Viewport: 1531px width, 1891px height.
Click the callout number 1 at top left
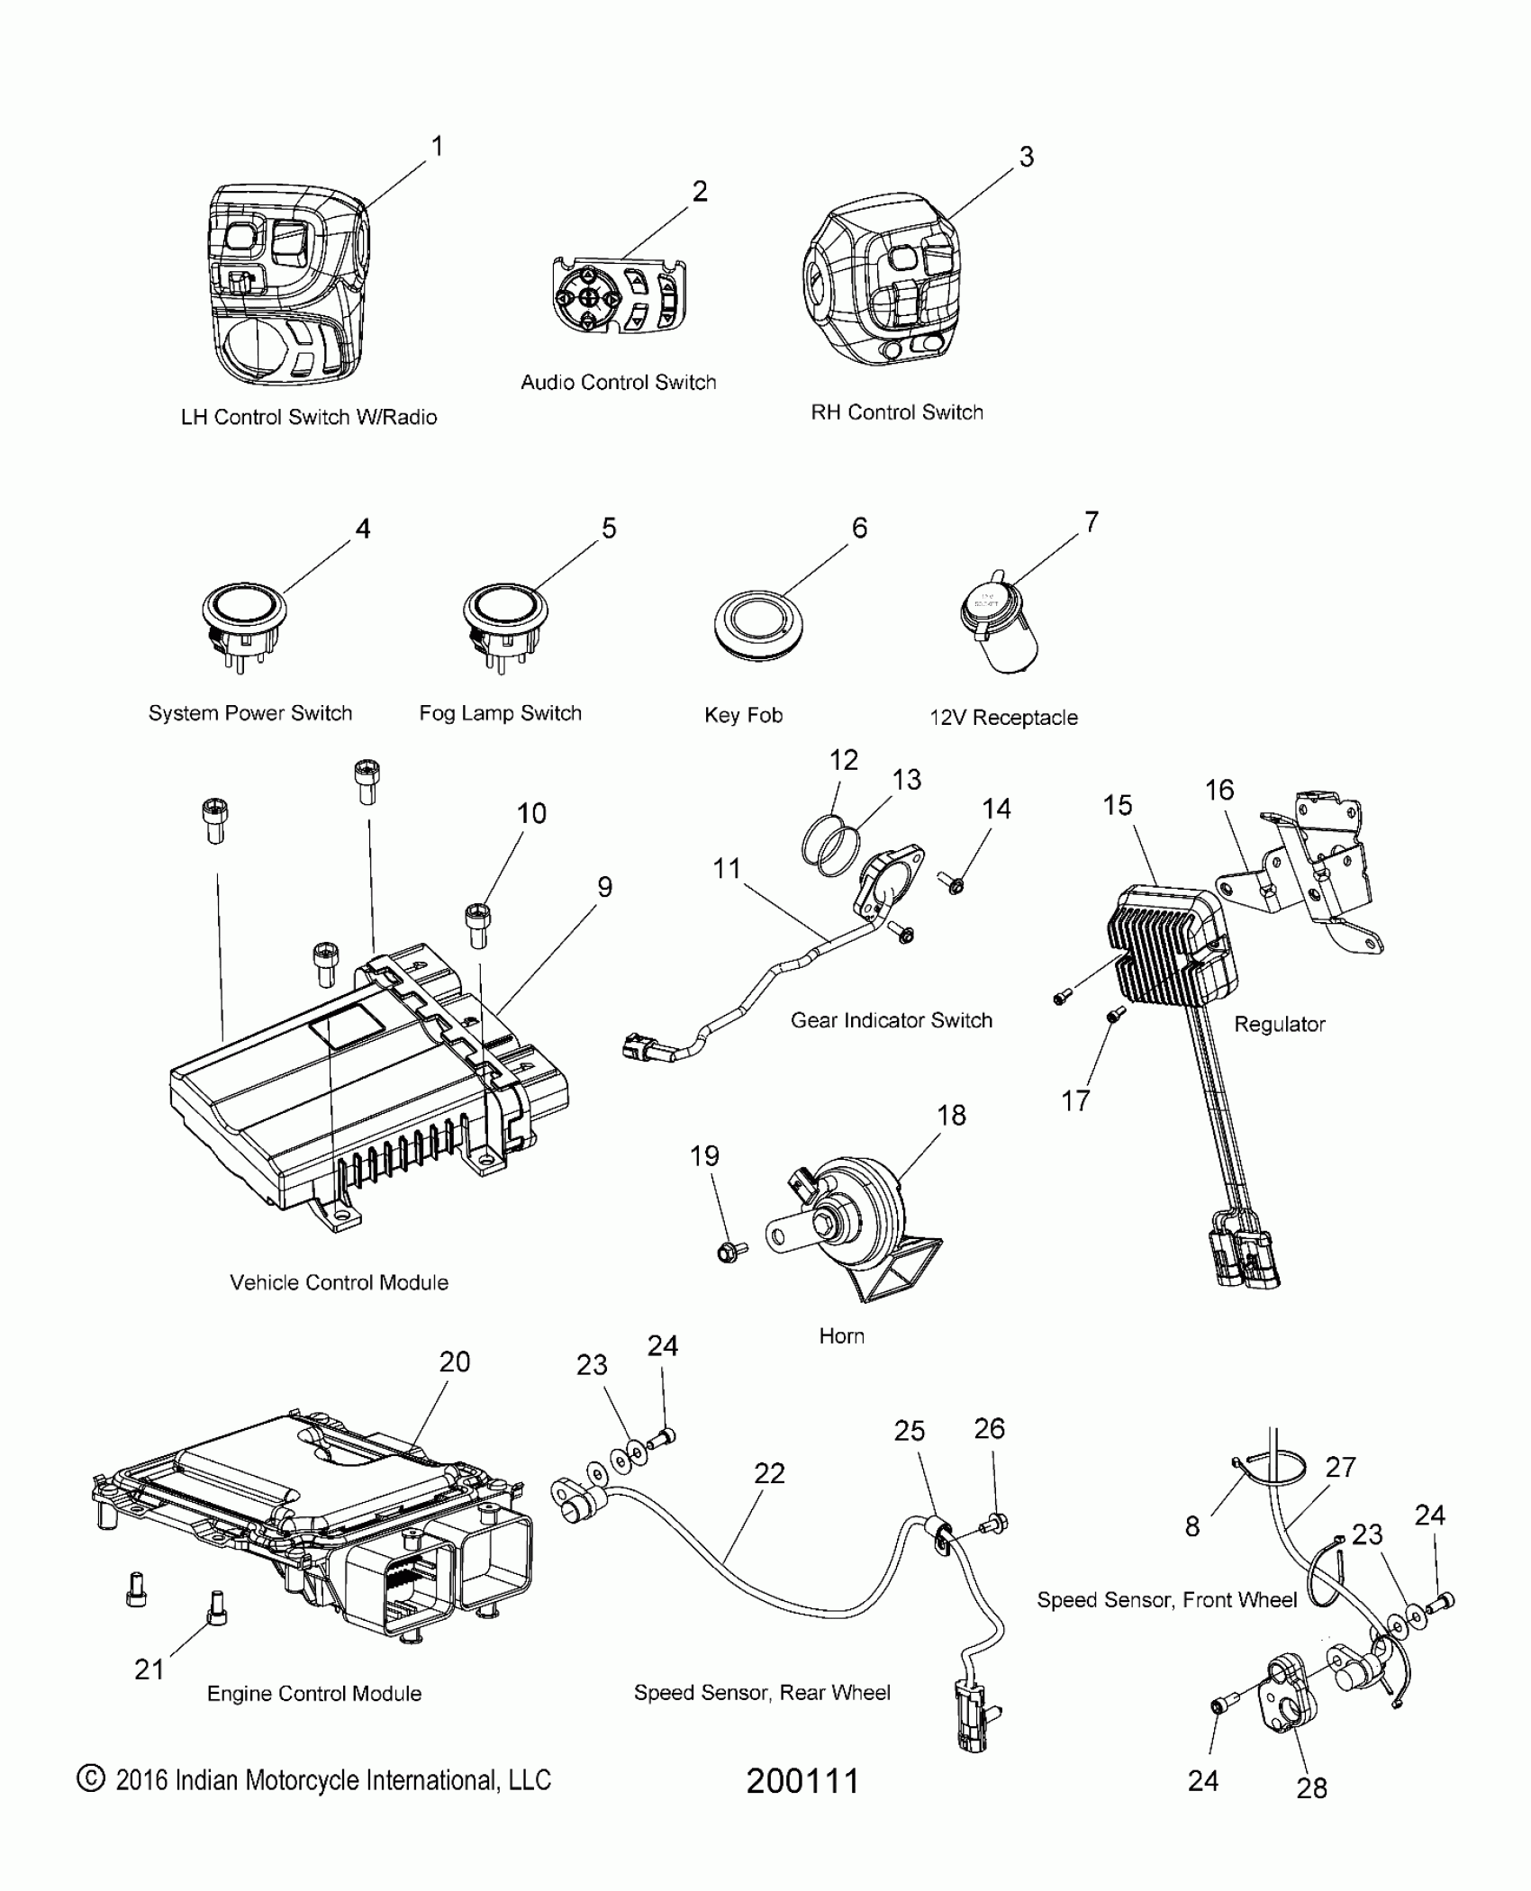(438, 146)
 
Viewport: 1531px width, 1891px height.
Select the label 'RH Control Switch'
(897, 412)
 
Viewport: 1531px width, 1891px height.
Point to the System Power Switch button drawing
(244, 621)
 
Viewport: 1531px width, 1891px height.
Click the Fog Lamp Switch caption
(500, 713)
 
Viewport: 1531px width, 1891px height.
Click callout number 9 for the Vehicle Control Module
(605, 887)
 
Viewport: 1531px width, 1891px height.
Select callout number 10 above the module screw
(531, 813)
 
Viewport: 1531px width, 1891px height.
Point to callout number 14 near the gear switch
(996, 809)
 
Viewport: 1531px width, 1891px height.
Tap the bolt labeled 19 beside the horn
(729, 1251)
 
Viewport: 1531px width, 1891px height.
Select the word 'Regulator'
(1279, 1024)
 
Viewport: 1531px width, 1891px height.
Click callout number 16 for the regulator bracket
(1219, 790)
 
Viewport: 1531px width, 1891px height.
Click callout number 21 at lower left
(149, 1669)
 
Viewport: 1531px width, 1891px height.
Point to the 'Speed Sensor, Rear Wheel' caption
(762, 1693)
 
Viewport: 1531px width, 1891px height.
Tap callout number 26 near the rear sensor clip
(989, 1428)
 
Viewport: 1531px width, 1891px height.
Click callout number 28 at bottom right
(1311, 1787)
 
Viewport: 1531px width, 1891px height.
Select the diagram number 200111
(802, 1780)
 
